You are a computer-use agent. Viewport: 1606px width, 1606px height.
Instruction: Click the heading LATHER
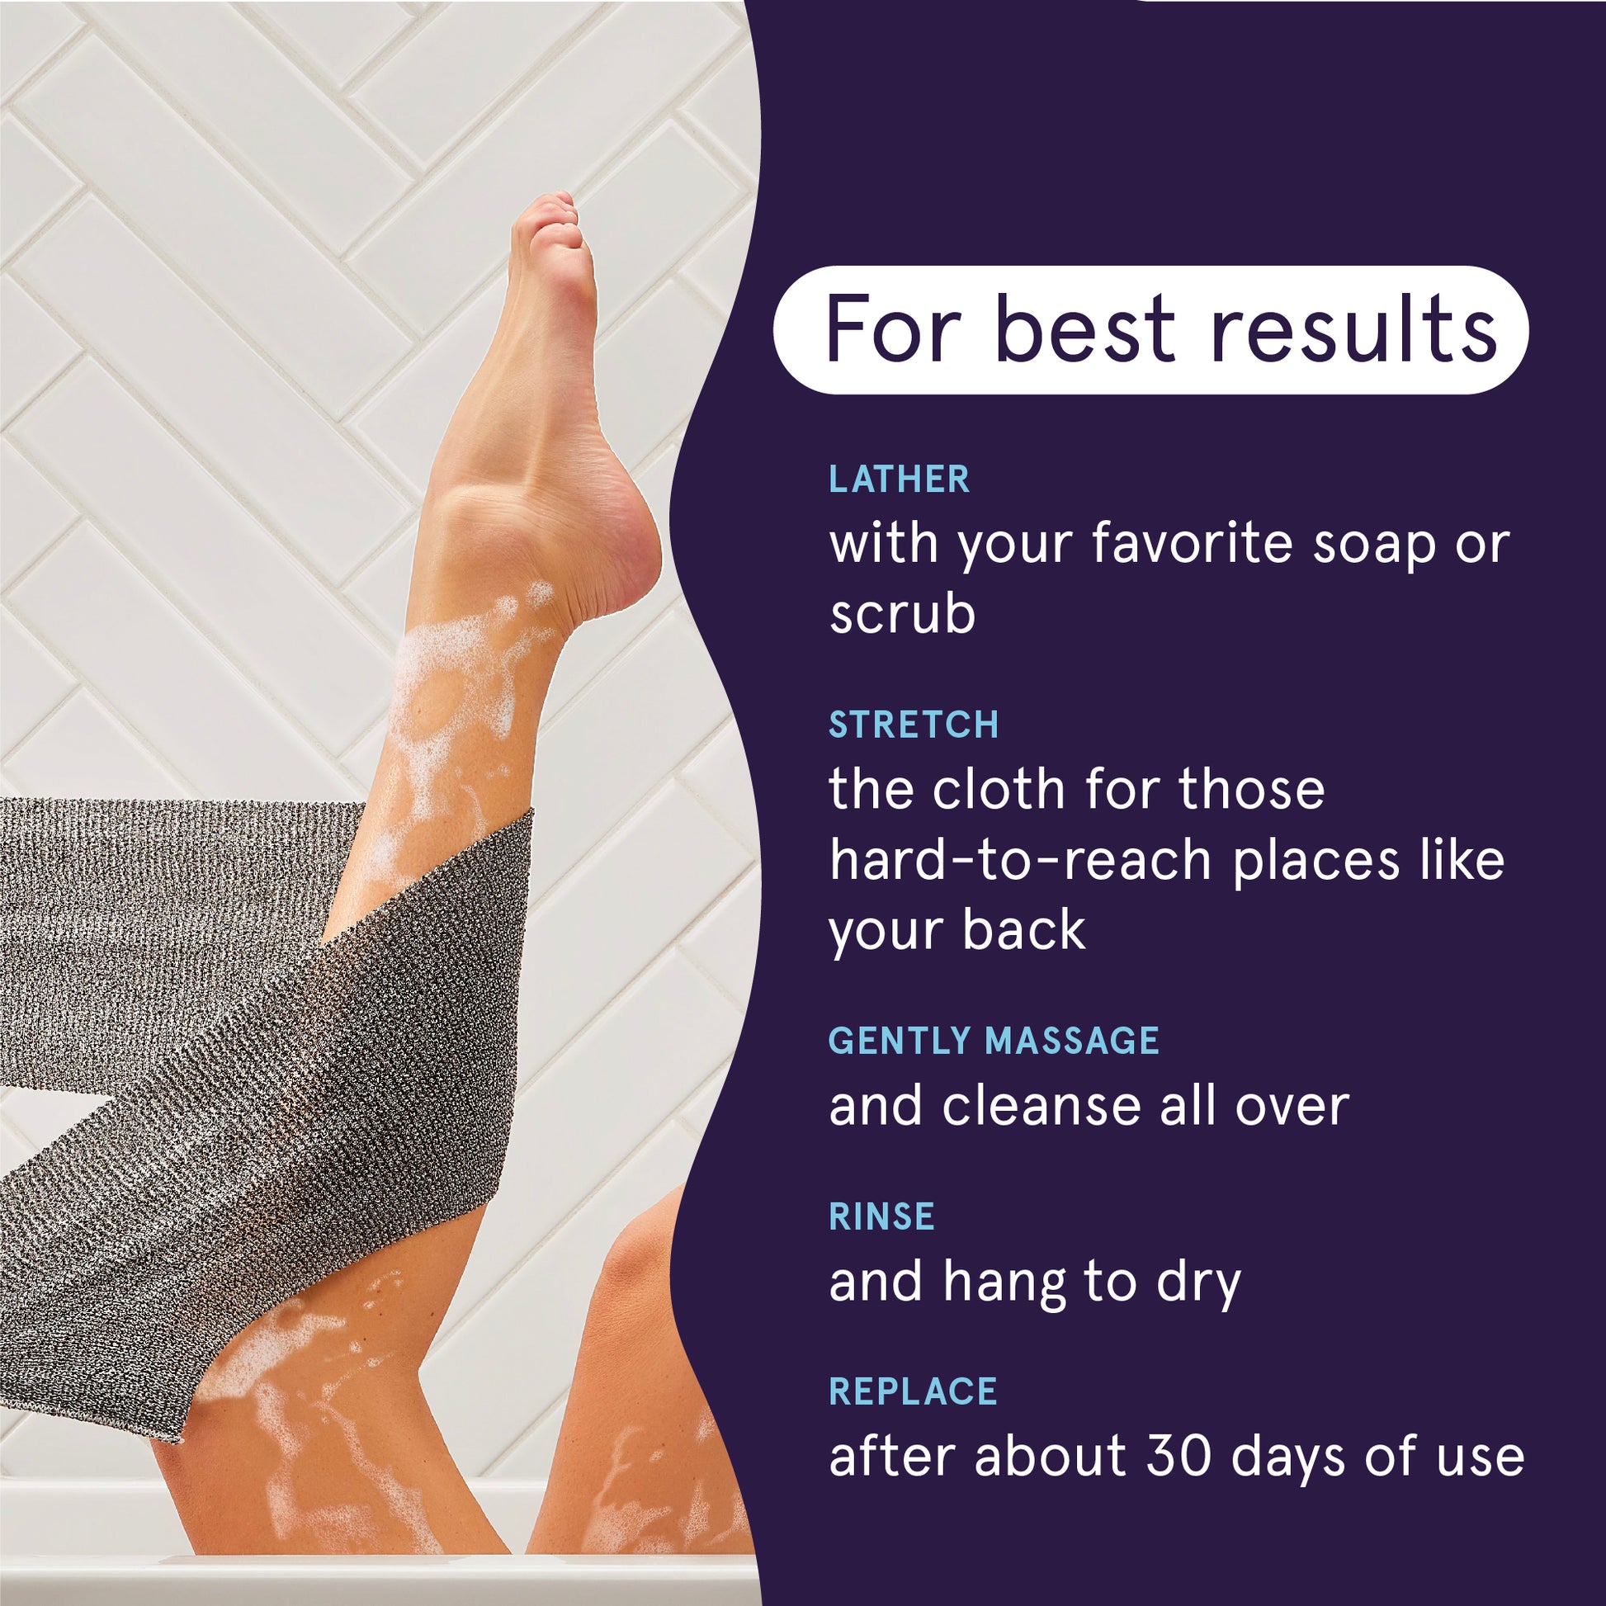[899, 479]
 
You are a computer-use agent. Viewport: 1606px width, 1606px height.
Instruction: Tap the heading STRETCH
[914, 725]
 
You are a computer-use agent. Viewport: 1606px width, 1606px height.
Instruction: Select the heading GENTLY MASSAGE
[994, 1041]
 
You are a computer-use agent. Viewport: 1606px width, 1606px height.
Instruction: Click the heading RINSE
[881, 1216]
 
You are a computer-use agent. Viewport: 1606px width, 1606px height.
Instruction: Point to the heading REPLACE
[913, 1391]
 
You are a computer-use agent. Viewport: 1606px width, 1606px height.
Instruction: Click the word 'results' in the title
[1353, 330]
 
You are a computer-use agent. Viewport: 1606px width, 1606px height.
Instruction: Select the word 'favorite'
[1193, 544]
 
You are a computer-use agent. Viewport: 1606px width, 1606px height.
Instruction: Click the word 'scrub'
[902, 614]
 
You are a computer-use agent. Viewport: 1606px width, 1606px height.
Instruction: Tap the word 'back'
[1023, 929]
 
